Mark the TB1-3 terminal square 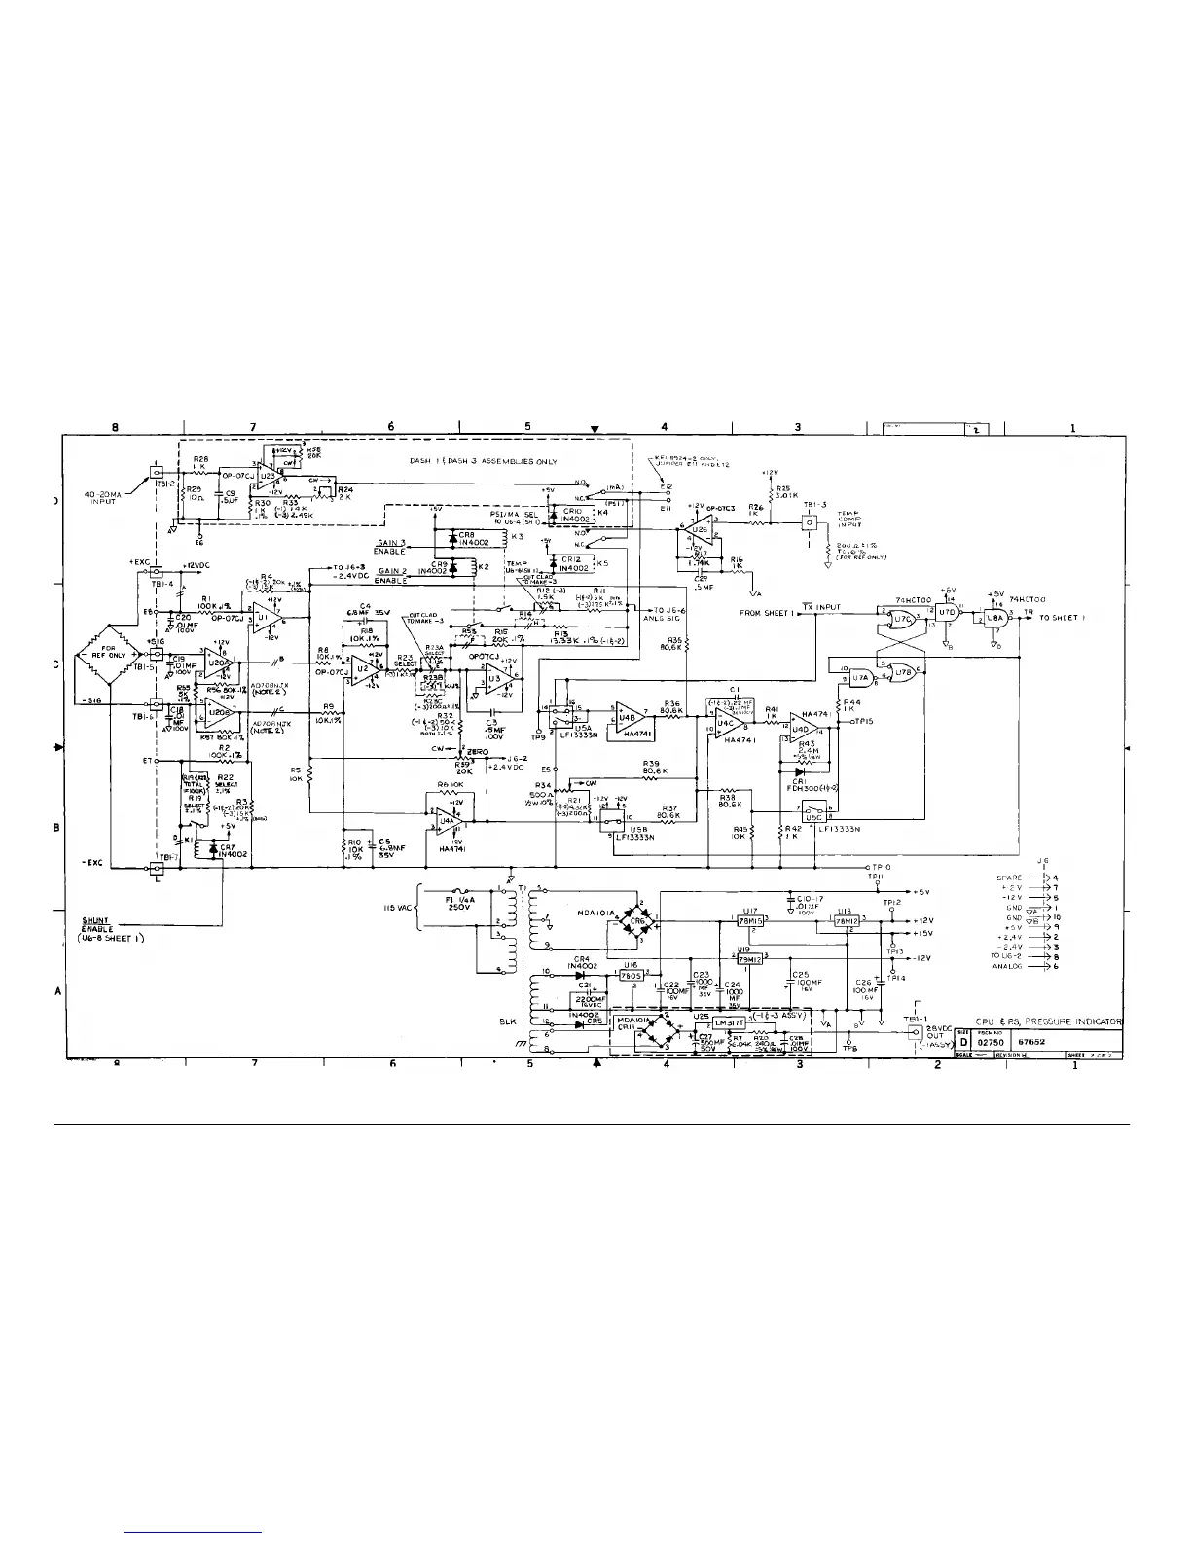point(808,522)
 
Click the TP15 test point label point(867,722)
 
